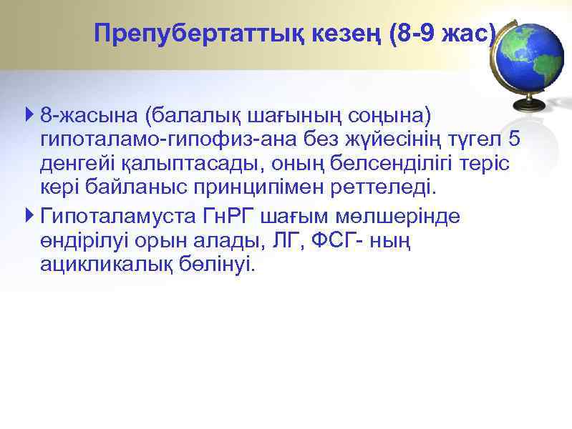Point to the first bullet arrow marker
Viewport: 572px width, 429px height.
(x=28, y=114)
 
